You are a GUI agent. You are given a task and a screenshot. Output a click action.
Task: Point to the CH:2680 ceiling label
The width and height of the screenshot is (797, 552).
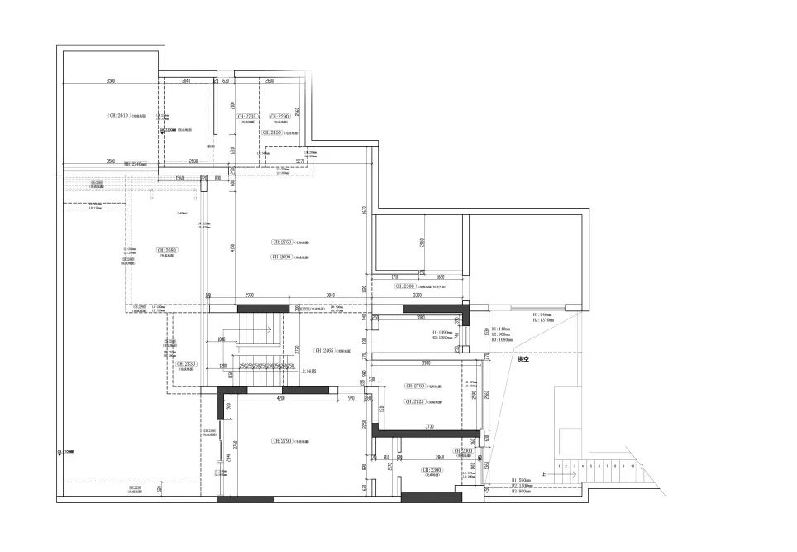[x=167, y=249]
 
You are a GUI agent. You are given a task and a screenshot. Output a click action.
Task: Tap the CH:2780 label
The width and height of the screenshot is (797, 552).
[x=415, y=386]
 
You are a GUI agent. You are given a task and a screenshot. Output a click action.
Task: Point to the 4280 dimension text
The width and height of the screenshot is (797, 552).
[x=281, y=398]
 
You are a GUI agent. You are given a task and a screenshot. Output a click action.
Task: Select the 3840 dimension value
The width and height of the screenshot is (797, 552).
[x=330, y=295]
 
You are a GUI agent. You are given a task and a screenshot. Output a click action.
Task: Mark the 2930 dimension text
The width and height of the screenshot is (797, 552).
[x=249, y=295]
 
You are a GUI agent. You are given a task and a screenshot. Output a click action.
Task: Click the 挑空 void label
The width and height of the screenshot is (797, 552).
[x=523, y=359]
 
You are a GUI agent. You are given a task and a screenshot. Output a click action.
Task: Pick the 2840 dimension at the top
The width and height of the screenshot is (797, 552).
[x=186, y=81]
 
